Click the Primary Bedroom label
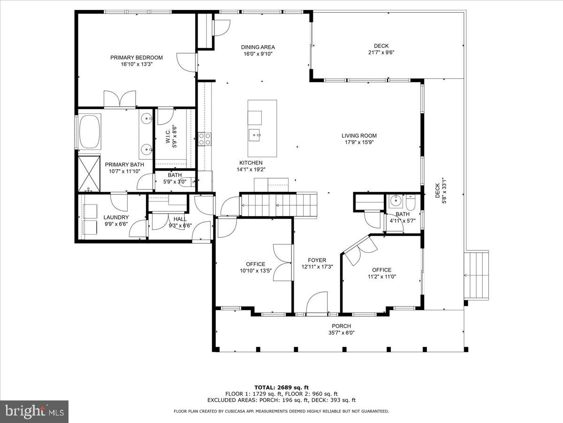point(137,57)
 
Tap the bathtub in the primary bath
point(90,132)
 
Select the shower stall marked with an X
point(89,173)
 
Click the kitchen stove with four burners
point(205,139)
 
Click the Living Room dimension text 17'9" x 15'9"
point(359,143)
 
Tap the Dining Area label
point(258,47)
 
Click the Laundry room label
point(116,217)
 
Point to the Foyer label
point(317,260)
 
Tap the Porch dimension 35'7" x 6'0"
point(341,333)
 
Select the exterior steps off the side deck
point(477,275)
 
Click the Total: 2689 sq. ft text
point(281,387)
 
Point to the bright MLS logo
point(34,412)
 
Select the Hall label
point(180,219)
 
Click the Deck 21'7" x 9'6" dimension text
point(381,52)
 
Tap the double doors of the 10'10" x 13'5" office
point(283,263)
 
